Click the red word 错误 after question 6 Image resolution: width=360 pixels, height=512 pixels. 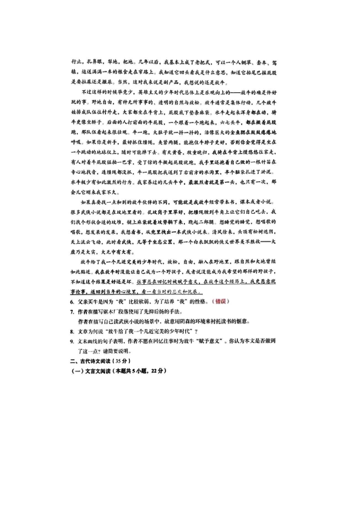(x=221, y=302)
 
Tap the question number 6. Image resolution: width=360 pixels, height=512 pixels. (x=72, y=302)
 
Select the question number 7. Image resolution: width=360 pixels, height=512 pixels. (x=72, y=312)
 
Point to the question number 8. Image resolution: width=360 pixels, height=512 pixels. (x=72, y=332)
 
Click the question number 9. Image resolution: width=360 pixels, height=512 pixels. (x=72, y=342)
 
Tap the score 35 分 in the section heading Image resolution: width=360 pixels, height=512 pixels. (x=123, y=361)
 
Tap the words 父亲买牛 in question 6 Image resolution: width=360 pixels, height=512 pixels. (x=88, y=302)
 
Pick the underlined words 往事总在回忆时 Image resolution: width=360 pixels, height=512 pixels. (x=153, y=282)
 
